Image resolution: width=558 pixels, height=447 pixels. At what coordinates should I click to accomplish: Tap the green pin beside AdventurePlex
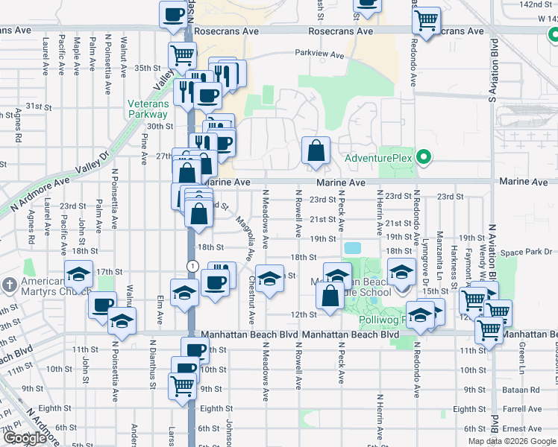click(x=424, y=158)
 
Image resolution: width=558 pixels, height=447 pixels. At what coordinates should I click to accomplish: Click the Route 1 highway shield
click(x=192, y=266)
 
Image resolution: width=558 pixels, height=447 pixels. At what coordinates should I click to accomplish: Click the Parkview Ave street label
click(x=319, y=54)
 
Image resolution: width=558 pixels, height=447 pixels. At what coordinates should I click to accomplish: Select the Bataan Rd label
click(x=521, y=390)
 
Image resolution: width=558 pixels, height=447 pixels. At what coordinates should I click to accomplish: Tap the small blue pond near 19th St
click(x=352, y=247)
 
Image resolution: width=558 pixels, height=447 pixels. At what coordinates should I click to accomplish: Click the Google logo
click(x=25, y=438)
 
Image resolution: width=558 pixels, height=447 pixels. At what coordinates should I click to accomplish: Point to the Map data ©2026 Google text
click(x=511, y=441)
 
